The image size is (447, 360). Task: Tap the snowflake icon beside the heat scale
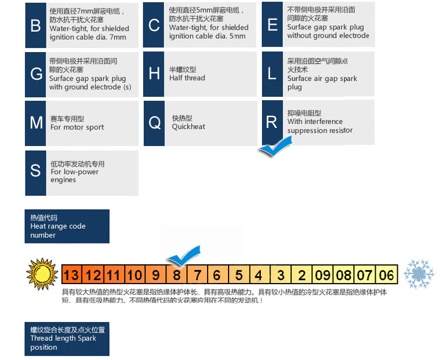418,274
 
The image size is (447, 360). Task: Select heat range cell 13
71,276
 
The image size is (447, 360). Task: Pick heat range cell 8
177,276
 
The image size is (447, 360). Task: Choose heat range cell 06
386,276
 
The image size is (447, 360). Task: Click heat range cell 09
323,276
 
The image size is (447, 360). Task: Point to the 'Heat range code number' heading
67,226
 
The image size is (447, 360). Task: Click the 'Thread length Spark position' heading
67,338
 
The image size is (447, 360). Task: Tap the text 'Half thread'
187,78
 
